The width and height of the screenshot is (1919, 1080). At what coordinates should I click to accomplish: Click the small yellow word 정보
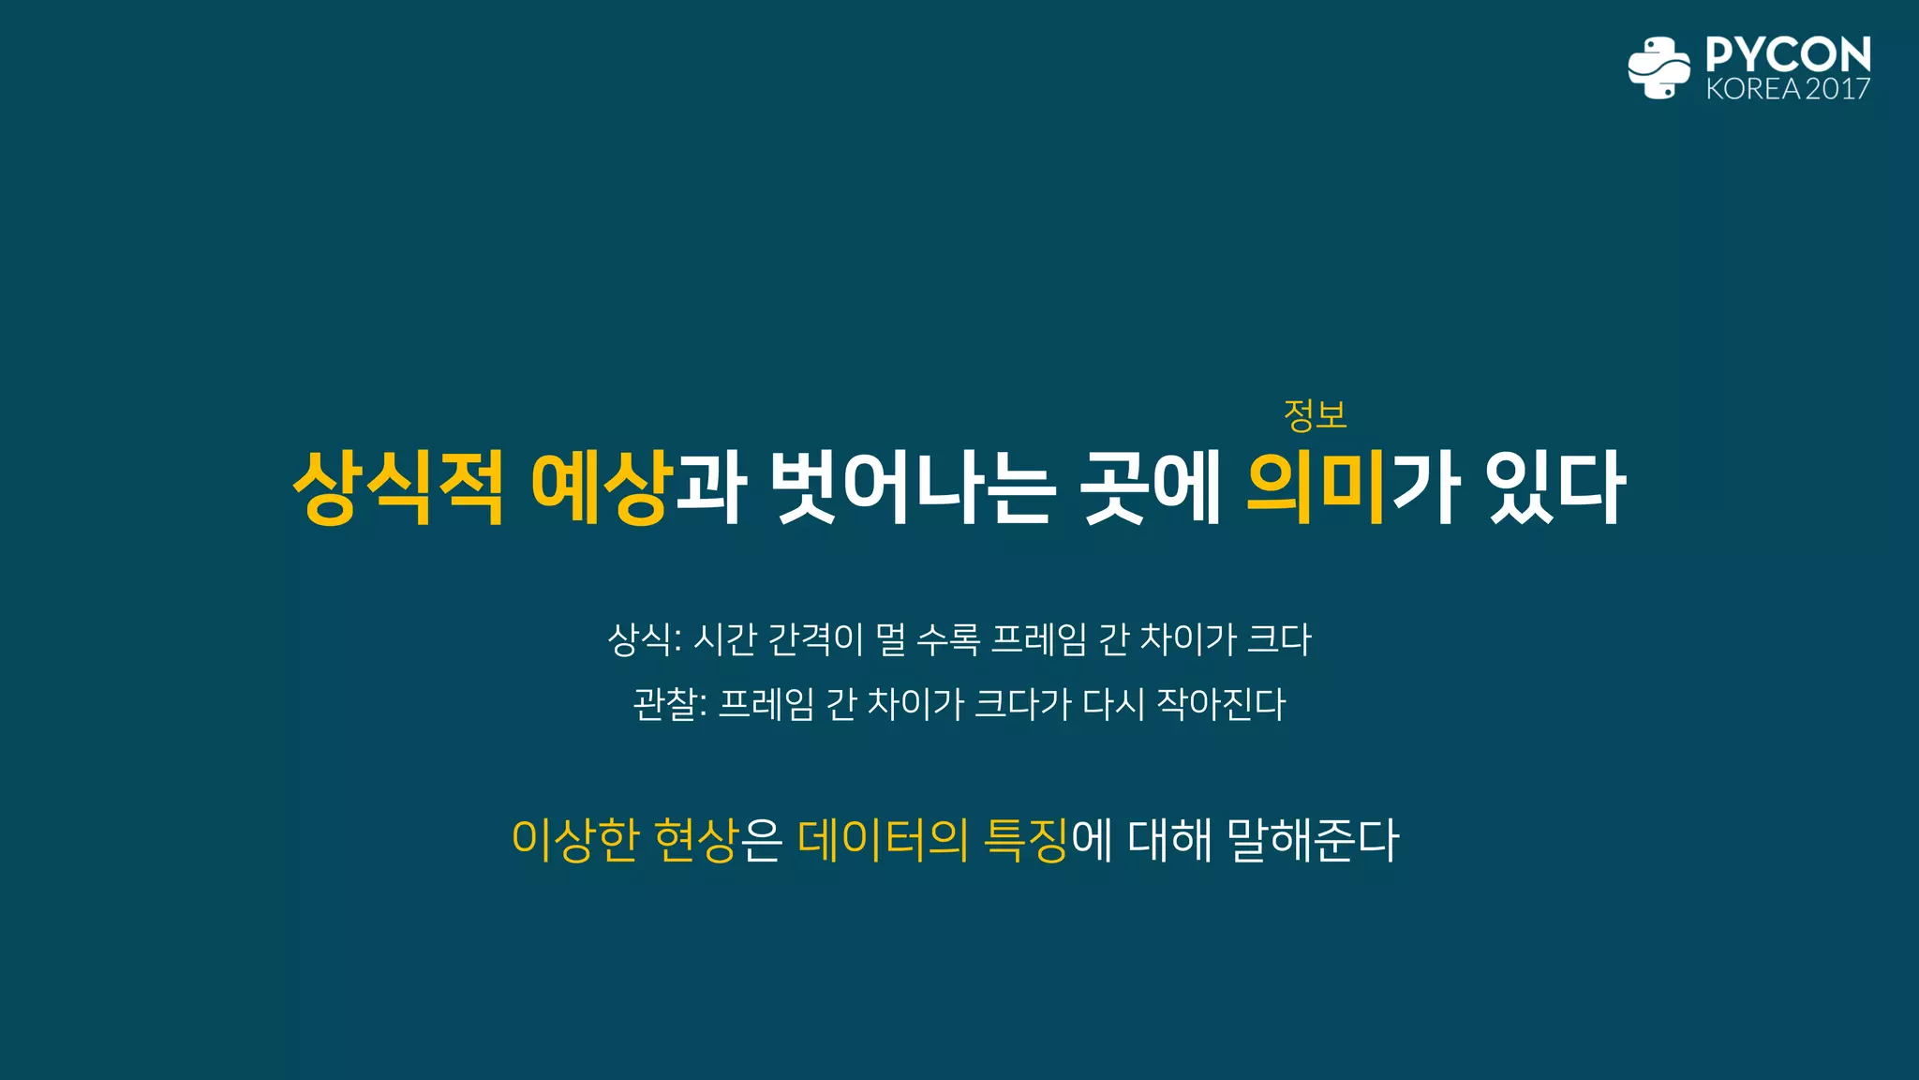tap(1315, 414)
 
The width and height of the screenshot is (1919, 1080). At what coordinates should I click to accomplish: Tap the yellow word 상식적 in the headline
tap(399, 487)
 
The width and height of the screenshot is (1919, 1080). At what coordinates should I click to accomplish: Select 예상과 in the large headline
tap(638, 487)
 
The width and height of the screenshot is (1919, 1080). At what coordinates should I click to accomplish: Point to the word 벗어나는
tap(913, 487)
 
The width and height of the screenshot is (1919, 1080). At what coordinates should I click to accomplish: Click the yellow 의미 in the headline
tap(1316, 487)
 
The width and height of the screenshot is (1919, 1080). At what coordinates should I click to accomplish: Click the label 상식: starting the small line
tap(644, 639)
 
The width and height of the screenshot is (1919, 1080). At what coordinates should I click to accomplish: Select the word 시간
tap(724, 639)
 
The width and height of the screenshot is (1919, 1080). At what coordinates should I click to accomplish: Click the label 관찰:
tap(669, 704)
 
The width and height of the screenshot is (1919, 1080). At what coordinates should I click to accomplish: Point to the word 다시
tap(1114, 704)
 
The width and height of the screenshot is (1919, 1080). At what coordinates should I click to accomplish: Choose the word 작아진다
tap(1221, 704)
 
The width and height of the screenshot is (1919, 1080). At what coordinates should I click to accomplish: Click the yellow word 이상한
tap(575, 839)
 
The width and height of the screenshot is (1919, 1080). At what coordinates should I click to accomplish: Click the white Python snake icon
tap(1659, 67)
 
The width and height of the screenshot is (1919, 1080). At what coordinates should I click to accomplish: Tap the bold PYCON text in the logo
tap(1788, 54)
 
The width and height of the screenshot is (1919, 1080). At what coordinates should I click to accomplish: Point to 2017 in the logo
tap(1837, 89)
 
